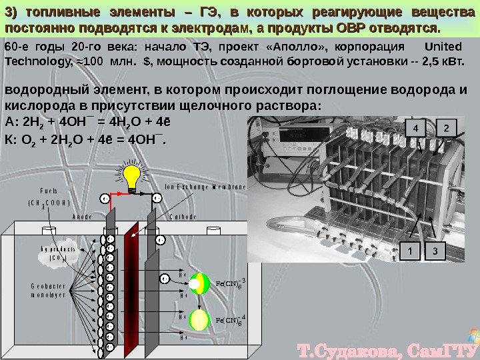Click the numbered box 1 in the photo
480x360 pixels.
coord(411,251)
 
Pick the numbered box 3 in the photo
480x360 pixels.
coord(435,251)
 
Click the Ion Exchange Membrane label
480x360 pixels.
coord(205,187)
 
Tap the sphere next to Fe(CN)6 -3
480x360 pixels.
coord(198,284)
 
